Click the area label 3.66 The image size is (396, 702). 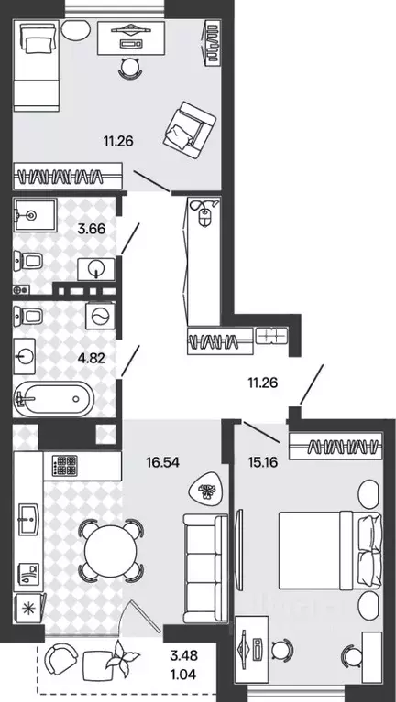(91, 229)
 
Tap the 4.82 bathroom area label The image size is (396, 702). (91, 357)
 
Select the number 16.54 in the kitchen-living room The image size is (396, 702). (162, 462)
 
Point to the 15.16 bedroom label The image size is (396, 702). (262, 461)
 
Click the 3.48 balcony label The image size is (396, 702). (183, 656)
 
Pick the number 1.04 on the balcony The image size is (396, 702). (183, 675)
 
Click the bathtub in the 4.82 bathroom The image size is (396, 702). (54, 398)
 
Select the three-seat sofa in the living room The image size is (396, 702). (206, 567)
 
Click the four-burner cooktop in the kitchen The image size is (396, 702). (64, 465)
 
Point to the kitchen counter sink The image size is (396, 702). (28, 519)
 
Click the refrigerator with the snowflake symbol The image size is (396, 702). (28, 608)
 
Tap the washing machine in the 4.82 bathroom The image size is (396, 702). (100, 316)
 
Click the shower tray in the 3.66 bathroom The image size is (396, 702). (35, 215)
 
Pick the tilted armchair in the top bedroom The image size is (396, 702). (189, 130)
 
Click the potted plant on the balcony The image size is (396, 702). (121, 656)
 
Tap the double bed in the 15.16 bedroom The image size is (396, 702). (331, 551)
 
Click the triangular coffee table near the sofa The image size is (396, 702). (206, 490)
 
